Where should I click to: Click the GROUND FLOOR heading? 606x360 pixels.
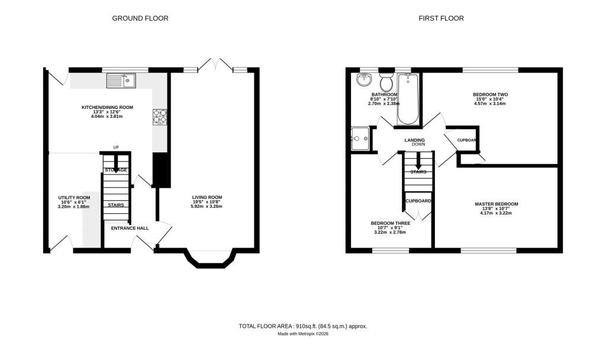pyautogui.click(x=140, y=18)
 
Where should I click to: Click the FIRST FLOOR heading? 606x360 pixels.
pyautogui.click(x=441, y=18)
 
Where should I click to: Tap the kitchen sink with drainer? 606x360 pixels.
pyautogui.click(x=121, y=81)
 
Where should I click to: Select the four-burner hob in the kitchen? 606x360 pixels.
pyautogui.click(x=160, y=117)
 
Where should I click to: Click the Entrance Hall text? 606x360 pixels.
pyautogui.click(x=130, y=228)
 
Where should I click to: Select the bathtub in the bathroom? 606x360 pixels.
pyautogui.click(x=408, y=99)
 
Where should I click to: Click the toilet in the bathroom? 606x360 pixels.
pyautogui.click(x=386, y=82)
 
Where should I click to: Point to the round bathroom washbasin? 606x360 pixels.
pyautogui.click(x=364, y=80)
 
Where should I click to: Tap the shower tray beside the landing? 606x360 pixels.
pyautogui.click(x=360, y=139)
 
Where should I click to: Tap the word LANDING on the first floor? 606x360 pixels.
pyautogui.click(x=414, y=140)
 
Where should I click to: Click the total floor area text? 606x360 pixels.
pyautogui.click(x=303, y=326)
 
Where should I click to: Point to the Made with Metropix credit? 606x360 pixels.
pyautogui.click(x=303, y=334)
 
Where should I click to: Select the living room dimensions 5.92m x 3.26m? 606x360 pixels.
pyautogui.click(x=207, y=207)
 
